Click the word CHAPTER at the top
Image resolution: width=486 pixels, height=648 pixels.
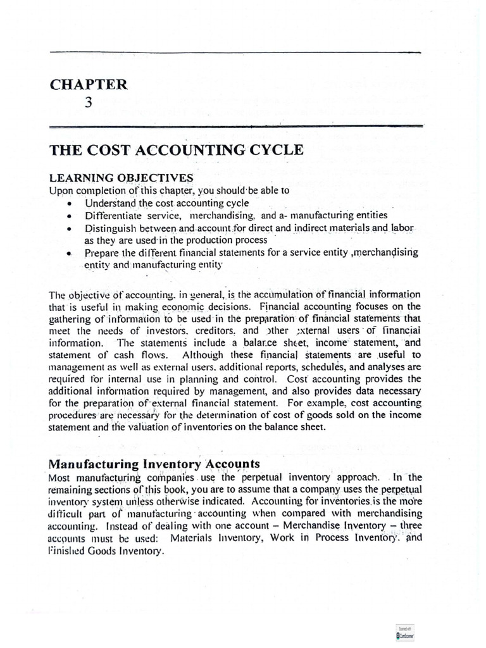(89, 83)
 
